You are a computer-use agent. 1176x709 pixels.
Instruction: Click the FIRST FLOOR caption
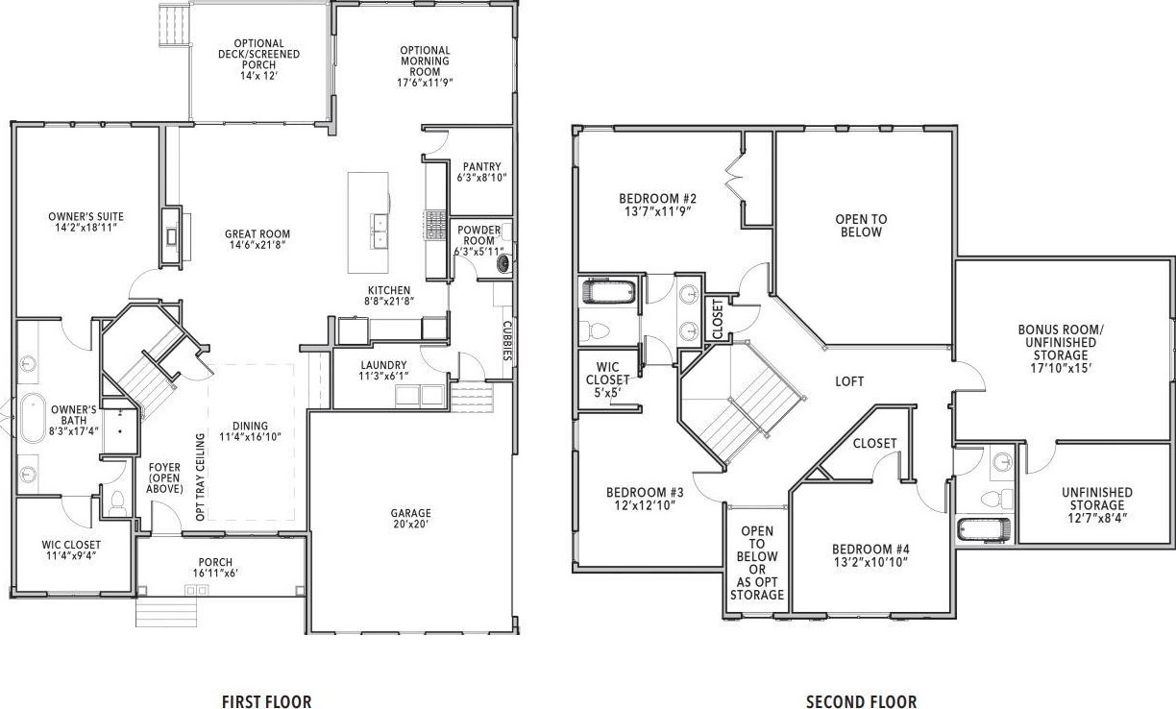coord(267,701)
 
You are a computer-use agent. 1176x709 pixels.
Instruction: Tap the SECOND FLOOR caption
coord(862,701)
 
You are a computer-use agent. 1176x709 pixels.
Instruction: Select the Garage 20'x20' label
coord(410,518)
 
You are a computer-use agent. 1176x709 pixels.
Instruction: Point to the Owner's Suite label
coord(86,222)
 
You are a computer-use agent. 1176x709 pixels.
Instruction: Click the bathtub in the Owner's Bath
coord(33,418)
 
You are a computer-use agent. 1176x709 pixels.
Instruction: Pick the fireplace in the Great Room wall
coord(172,236)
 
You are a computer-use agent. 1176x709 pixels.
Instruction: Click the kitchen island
coord(368,223)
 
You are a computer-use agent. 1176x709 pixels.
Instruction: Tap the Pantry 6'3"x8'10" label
coord(482,172)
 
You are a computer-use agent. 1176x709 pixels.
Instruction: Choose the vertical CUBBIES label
coord(507,341)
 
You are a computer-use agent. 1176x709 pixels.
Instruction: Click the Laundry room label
coord(383,370)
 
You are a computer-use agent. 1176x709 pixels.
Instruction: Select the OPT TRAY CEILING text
coord(200,477)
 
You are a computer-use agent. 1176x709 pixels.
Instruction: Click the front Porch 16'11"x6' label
coord(215,568)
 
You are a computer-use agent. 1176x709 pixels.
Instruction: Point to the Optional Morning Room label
coord(425,66)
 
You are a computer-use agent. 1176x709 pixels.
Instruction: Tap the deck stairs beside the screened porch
coord(174,26)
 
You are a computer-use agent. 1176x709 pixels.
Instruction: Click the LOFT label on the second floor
coord(849,381)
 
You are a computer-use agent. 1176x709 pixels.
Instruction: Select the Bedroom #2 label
coord(657,205)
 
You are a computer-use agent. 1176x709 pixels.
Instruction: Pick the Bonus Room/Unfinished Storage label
coord(1061,349)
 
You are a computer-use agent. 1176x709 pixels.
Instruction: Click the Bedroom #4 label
coord(870,555)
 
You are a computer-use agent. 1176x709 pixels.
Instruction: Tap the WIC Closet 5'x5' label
coord(607,379)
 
